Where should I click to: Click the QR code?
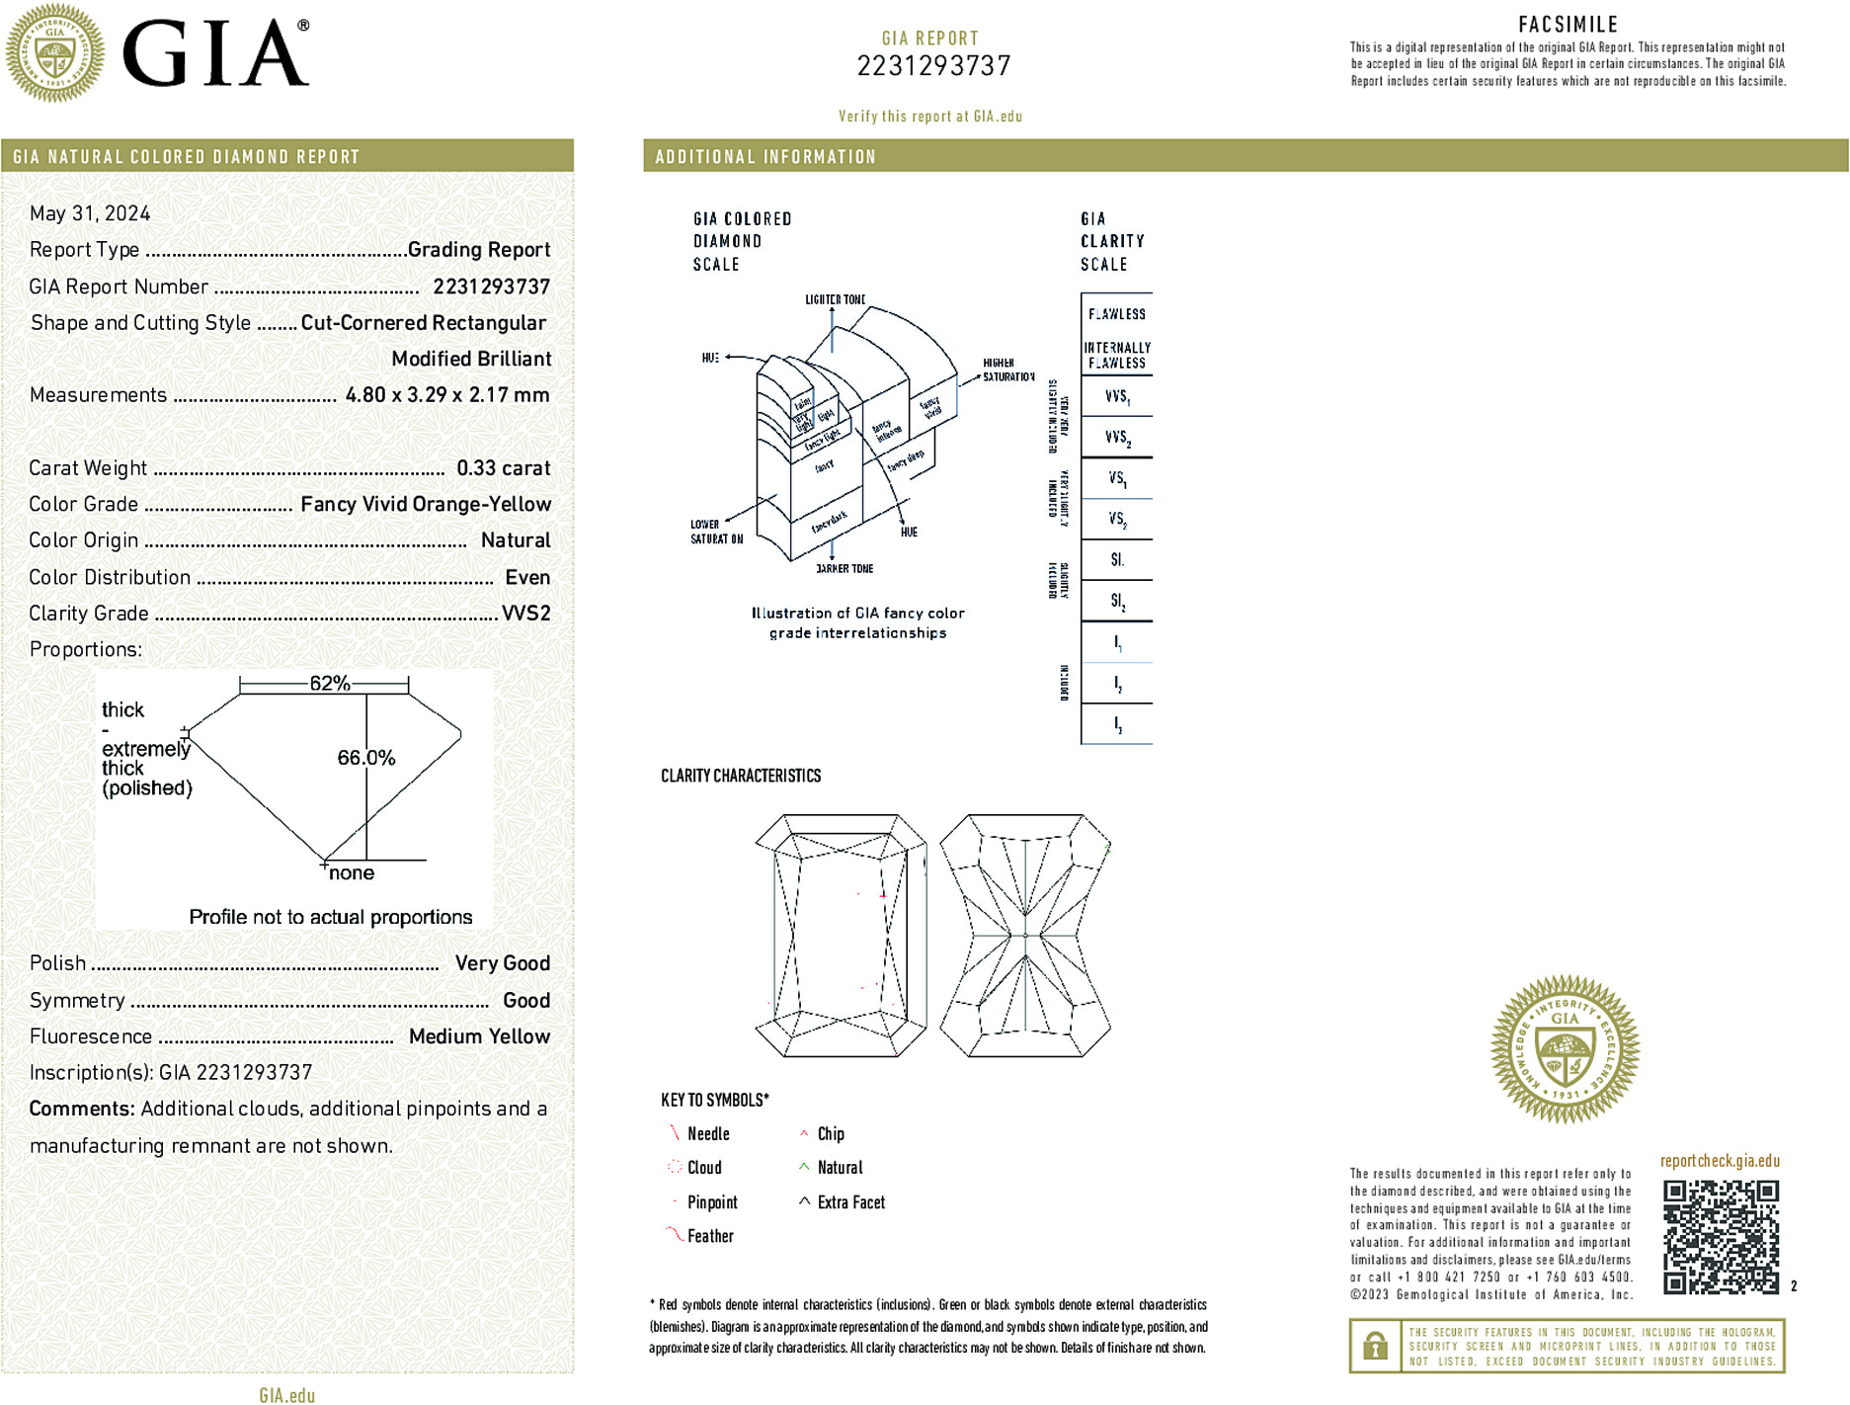tap(1721, 1237)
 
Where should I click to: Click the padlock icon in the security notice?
tap(1375, 1346)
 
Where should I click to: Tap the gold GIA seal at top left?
tap(55, 53)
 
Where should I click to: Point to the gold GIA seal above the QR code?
tap(1565, 1049)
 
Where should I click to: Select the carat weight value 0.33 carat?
tap(503, 468)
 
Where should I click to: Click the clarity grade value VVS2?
tap(525, 614)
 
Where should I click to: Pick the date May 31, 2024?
tap(90, 213)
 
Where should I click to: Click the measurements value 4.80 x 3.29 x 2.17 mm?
tap(446, 395)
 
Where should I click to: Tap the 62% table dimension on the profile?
tap(329, 683)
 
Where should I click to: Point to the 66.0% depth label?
tap(365, 758)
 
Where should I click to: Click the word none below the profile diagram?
tap(351, 873)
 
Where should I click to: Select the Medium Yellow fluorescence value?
tap(479, 1036)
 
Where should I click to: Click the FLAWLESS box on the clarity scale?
tap(1116, 314)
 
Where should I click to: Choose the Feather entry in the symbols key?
tap(710, 1236)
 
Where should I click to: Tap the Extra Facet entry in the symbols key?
tap(850, 1202)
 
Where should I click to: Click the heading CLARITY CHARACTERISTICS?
tap(741, 776)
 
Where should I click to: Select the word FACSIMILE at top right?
tap(1568, 25)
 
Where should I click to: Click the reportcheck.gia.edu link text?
tap(1720, 1161)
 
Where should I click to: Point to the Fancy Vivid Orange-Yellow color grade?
tap(426, 505)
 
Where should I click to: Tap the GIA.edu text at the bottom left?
tap(287, 1395)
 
